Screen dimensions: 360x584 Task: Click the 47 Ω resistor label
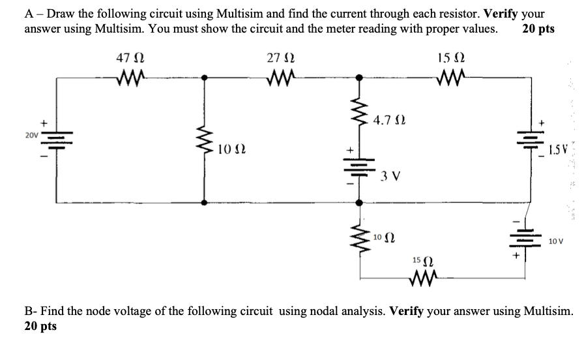click(x=130, y=57)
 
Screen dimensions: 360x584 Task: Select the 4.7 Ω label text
click(x=388, y=120)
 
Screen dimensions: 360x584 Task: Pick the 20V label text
click(x=32, y=135)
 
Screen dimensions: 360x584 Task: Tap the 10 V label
click(x=556, y=241)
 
